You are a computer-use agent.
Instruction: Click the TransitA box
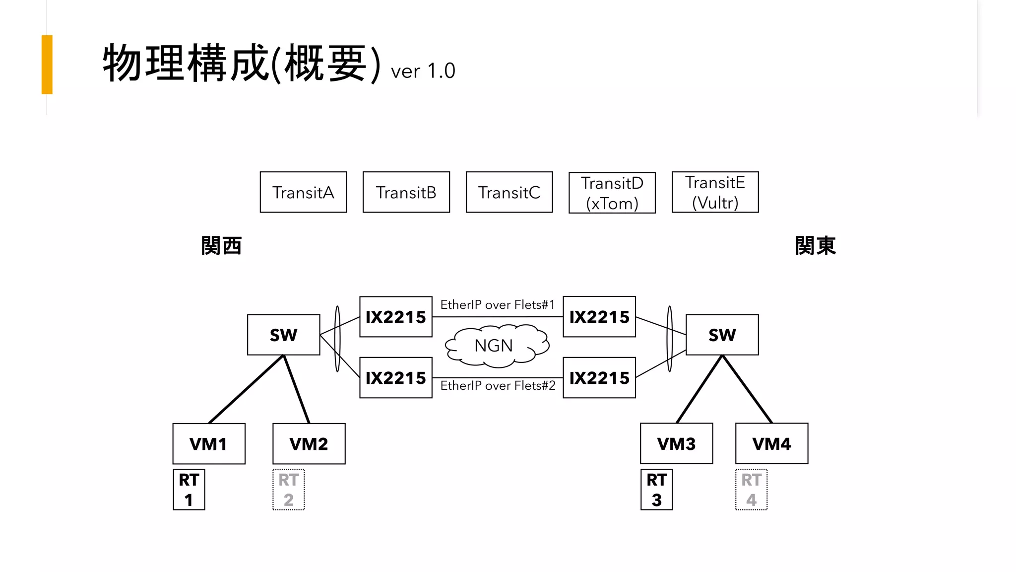(x=303, y=192)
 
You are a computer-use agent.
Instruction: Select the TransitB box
(x=406, y=192)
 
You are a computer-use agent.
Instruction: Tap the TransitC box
(x=509, y=192)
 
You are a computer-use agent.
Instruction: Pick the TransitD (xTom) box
(x=612, y=193)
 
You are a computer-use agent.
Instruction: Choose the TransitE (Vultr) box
(x=715, y=192)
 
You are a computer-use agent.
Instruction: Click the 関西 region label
(x=221, y=246)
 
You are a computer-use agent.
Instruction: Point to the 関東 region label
(x=815, y=246)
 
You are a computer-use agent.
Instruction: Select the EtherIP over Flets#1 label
(x=497, y=304)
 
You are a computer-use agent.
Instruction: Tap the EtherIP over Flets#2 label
(x=498, y=385)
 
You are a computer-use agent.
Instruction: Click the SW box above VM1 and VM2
(x=283, y=335)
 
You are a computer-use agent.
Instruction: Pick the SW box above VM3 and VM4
(x=722, y=335)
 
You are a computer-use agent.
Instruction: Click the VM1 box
(x=209, y=443)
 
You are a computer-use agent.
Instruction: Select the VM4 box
(x=771, y=443)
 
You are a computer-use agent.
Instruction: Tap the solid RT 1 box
(x=189, y=490)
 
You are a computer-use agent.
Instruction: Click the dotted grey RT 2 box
(x=289, y=490)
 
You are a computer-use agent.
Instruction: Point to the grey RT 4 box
(x=751, y=490)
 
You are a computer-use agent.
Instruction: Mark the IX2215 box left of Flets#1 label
(x=395, y=317)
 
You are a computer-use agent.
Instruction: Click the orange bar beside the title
(x=47, y=65)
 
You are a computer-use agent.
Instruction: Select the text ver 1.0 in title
(x=423, y=71)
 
